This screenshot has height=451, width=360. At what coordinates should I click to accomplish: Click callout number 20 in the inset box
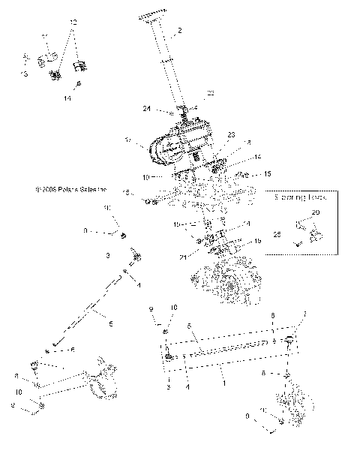click(314, 213)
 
